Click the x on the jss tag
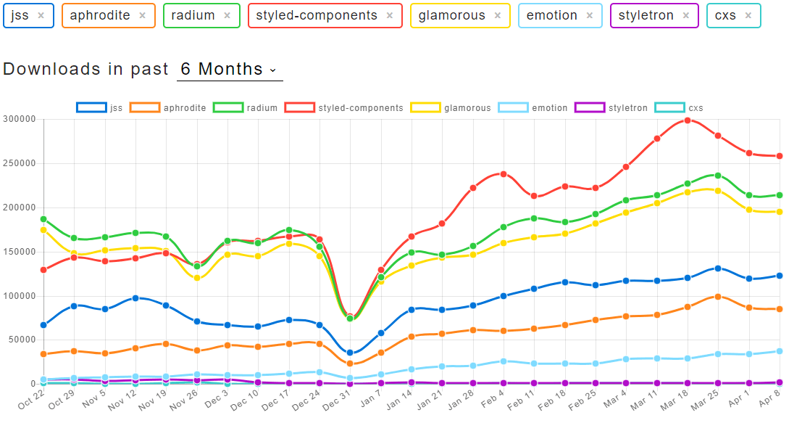tap(41, 15)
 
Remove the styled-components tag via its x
tap(390, 15)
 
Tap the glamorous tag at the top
tap(453, 15)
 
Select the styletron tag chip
tap(646, 15)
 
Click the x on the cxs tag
tap(748, 15)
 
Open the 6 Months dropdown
tap(229, 70)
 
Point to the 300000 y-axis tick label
tap(20, 119)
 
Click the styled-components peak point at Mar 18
tap(688, 120)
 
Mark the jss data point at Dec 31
tap(351, 353)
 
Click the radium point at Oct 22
tap(44, 219)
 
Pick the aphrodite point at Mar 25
tap(718, 297)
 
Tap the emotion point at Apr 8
tap(780, 351)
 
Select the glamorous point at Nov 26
tap(197, 278)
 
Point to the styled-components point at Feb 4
tap(504, 174)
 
